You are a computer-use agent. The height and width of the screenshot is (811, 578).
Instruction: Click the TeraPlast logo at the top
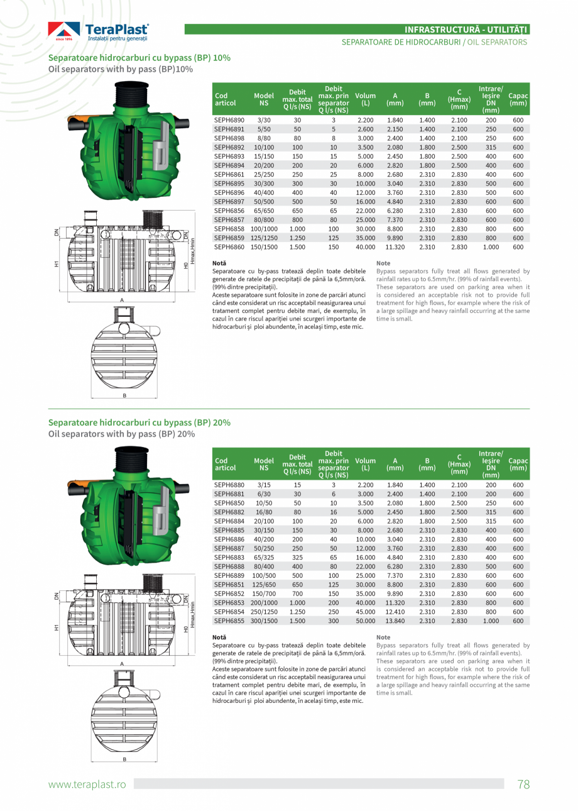point(99,31)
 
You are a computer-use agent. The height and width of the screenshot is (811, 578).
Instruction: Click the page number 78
point(523,784)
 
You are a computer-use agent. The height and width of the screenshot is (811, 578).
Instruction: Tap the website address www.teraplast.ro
point(87,784)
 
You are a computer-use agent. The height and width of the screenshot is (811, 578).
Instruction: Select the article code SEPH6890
point(229,120)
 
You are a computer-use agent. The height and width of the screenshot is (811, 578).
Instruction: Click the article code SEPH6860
point(229,247)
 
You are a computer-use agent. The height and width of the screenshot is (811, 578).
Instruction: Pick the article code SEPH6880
point(229,485)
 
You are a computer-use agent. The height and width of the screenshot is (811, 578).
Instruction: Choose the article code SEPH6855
point(229,621)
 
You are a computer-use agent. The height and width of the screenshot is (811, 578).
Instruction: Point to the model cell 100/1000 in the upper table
point(264,229)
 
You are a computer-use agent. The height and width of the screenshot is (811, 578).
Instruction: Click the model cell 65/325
point(264,557)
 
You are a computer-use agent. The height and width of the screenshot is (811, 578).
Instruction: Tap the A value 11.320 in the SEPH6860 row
point(395,247)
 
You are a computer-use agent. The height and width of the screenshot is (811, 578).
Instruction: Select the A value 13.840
point(395,621)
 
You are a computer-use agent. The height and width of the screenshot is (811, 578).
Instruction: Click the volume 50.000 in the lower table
point(365,621)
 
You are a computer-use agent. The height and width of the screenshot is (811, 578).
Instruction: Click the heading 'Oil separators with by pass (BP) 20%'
point(121,434)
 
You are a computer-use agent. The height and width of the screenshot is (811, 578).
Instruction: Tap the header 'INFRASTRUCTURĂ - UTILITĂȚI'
point(466,29)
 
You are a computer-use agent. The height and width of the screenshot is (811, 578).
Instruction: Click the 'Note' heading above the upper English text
point(383,263)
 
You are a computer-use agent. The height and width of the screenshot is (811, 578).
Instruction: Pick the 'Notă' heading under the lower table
point(219,637)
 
